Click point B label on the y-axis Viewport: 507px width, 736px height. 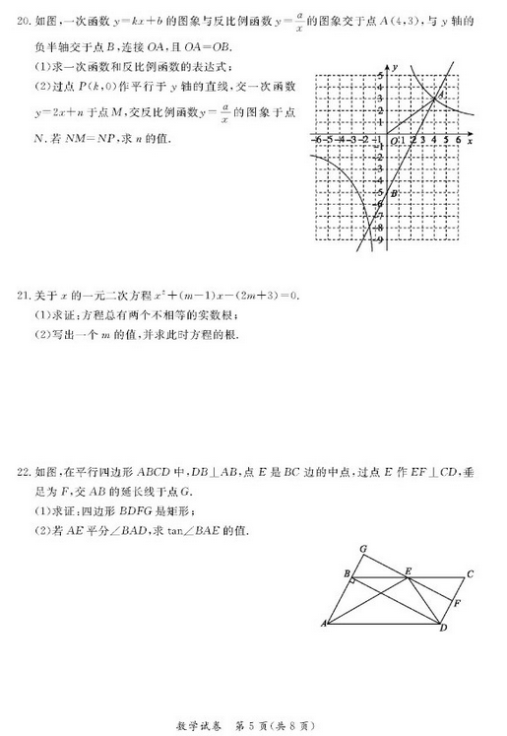point(394,195)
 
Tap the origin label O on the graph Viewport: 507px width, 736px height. point(393,142)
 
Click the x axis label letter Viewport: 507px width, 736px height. point(471,142)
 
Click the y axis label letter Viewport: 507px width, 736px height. point(393,65)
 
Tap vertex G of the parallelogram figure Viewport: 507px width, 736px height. point(363,549)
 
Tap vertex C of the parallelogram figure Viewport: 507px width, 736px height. point(471,574)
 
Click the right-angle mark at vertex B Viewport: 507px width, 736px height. point(352,582)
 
